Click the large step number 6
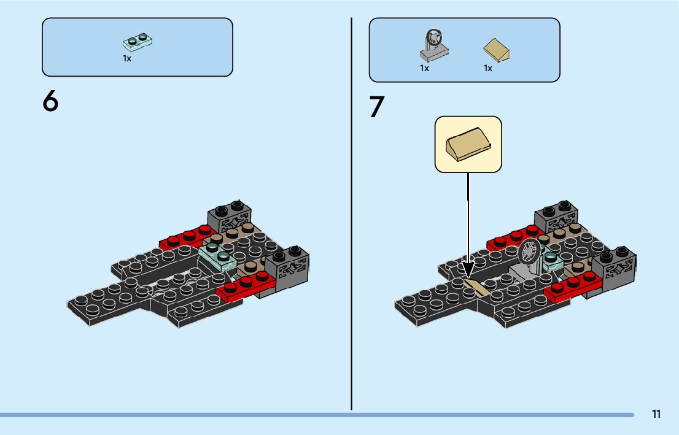point(50,101)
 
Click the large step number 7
point(377,107)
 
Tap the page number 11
point(656,414)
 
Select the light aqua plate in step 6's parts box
point(137,42)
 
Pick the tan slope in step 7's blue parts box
point(497,50)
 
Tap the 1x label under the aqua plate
point(127,59)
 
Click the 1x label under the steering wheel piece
point(424,68)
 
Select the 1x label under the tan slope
point(488,68)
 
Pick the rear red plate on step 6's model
point(187,237)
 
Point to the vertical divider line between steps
point(352,215)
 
